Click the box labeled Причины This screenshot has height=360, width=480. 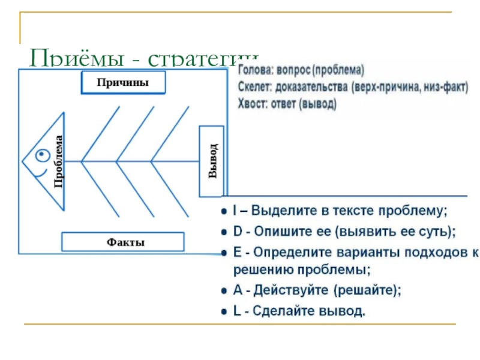tap(122, 83)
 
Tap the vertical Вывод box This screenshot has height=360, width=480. tap(211, 161)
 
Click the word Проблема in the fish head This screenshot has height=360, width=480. tap(58, 161)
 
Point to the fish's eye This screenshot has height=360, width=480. tap(41, 155)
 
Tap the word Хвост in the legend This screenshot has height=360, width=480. tap(252, 103)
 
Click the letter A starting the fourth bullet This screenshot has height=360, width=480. tap(237, 290)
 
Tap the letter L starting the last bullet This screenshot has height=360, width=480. tap(236, 311)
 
